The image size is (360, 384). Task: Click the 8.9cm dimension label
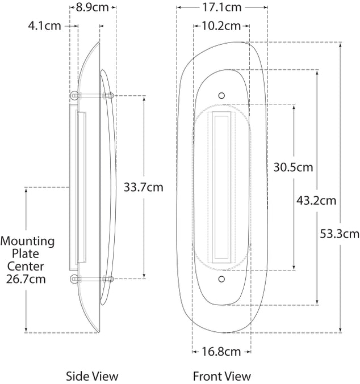(92, 7)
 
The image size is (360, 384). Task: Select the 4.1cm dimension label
(44, 26)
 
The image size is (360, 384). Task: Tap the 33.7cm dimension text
(144, 187)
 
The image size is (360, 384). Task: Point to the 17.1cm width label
(221, 7)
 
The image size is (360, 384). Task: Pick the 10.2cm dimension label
(221, 26)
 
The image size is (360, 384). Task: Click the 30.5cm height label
(294, 167)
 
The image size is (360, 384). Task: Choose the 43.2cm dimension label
(316, 201)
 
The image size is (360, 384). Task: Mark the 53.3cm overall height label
(340, 234)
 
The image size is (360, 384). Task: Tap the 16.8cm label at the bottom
(221, 352)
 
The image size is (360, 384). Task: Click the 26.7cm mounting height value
(26, 279)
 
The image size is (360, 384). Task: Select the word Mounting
(27, 242)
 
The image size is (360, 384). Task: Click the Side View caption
(92, 376)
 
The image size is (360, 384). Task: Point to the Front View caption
(221, 376)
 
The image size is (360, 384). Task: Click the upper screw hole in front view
(221, 95)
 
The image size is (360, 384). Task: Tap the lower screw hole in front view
(221, 279)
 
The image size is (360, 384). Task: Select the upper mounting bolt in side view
(92, 95)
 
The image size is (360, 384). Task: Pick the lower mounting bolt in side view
(92, 278)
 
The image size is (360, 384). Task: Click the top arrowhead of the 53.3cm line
(340, 45)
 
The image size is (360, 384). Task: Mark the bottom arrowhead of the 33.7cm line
(144, 276)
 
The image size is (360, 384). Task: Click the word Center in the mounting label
(26, 267)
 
